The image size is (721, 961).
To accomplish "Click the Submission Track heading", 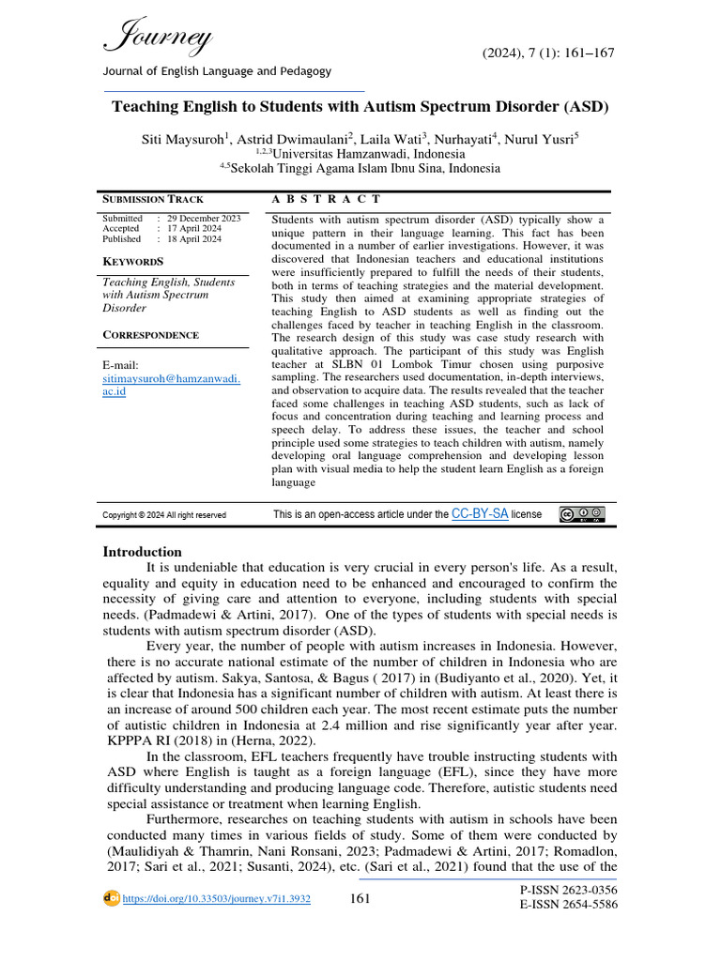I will click(152, 199).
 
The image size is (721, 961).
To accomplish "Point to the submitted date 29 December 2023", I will click(203, 218).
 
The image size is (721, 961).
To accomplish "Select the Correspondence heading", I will click(150, 335).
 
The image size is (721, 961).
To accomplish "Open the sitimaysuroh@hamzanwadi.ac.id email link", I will click(171, 377).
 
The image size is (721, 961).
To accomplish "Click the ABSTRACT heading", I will click(326, 199).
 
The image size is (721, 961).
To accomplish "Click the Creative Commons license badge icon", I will click(582, 514).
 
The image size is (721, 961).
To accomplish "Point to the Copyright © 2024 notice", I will click(163, 515).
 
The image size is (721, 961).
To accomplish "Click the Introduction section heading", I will click(142, 552).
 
